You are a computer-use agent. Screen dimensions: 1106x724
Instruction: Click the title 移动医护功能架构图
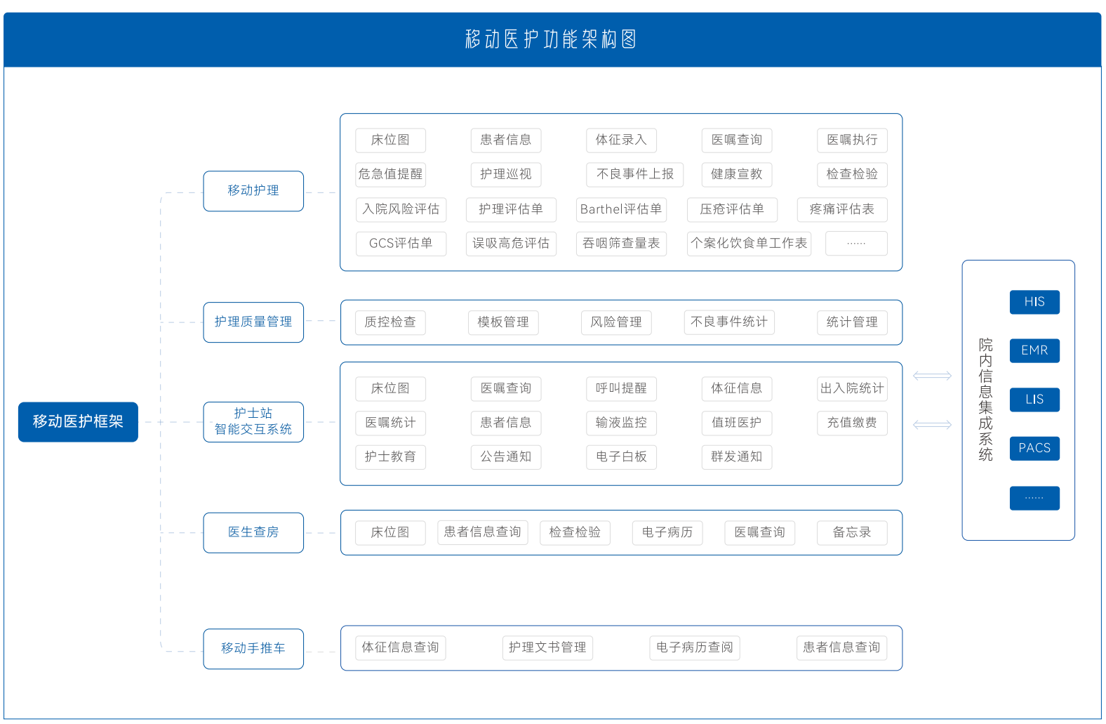(551, 39)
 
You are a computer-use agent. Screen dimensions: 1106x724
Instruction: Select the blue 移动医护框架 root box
(78, 421)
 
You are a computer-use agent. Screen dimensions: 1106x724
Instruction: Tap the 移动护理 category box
(253, 191)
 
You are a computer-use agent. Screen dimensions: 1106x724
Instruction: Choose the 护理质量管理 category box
(253, 322)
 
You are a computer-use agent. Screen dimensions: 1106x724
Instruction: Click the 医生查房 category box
(253, 532)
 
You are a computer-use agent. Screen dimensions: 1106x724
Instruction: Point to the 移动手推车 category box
(253, 648)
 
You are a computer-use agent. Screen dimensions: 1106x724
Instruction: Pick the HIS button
(1034, 302)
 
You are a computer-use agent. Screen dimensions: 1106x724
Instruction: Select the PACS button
(1034, 448)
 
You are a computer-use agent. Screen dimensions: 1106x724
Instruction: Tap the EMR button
(1034, 350)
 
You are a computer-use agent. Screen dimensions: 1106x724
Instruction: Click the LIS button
(1034, 400)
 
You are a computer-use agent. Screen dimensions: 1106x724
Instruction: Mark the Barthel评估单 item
(621, 209)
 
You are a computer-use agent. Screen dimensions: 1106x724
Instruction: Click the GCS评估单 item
(401, 244)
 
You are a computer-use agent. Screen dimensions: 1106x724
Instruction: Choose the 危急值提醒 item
(390, 174)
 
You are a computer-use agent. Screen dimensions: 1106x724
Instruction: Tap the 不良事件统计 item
(729, 322)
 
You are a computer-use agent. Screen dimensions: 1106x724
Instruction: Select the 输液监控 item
(621, 423)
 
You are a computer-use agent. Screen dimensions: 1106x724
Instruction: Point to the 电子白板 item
(621, 456)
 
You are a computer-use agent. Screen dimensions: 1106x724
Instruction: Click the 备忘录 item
(852, 532)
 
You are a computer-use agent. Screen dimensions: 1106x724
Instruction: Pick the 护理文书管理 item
(547, 647)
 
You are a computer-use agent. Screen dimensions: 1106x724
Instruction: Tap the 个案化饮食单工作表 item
(749, 244)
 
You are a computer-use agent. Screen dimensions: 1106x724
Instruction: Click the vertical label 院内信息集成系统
(985, 400)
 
